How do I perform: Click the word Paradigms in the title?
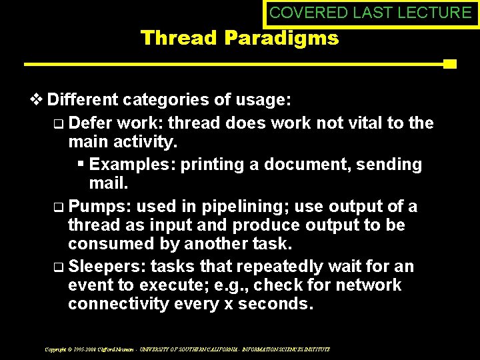pyautogui.click(x=281, y=39)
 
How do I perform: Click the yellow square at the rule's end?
pyautogui.click(x=449, y=65)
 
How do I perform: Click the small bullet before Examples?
pyautogui.click(x=81, y=164)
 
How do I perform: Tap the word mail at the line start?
pyautogui.click(x=107, y=183)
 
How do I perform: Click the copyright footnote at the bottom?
pyautogui.click(x=187, y=349)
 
